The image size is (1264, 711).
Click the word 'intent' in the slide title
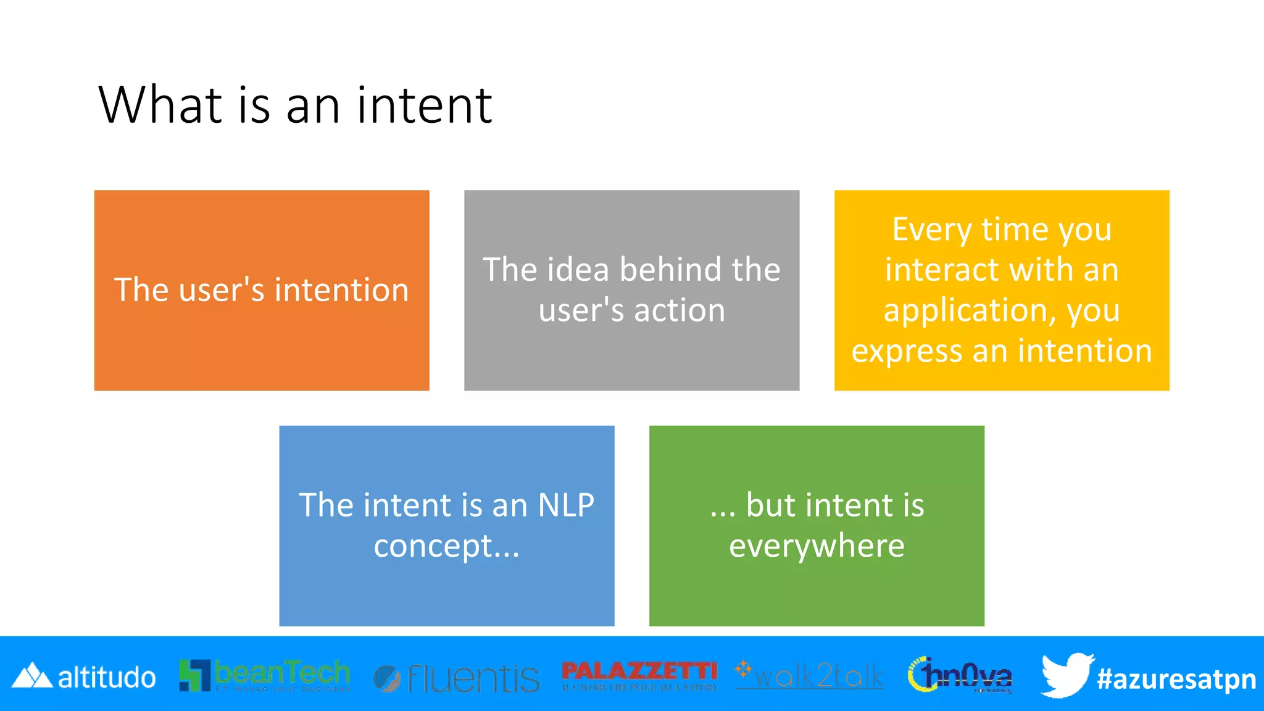(424, 105)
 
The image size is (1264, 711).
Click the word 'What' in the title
(160, 105)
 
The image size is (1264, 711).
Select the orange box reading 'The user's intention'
(262, 290)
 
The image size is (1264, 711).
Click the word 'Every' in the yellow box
(931, 230)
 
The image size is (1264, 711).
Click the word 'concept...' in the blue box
(447, 546)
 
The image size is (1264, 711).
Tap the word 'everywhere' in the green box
(817, 546)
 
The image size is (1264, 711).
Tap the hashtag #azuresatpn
(1176, 679)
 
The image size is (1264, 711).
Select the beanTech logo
(264, 675)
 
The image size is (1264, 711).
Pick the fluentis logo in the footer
(457, 678)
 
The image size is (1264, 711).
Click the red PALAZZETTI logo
(639, 674)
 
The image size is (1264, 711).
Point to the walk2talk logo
(809, 675)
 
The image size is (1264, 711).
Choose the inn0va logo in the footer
(960, 675)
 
